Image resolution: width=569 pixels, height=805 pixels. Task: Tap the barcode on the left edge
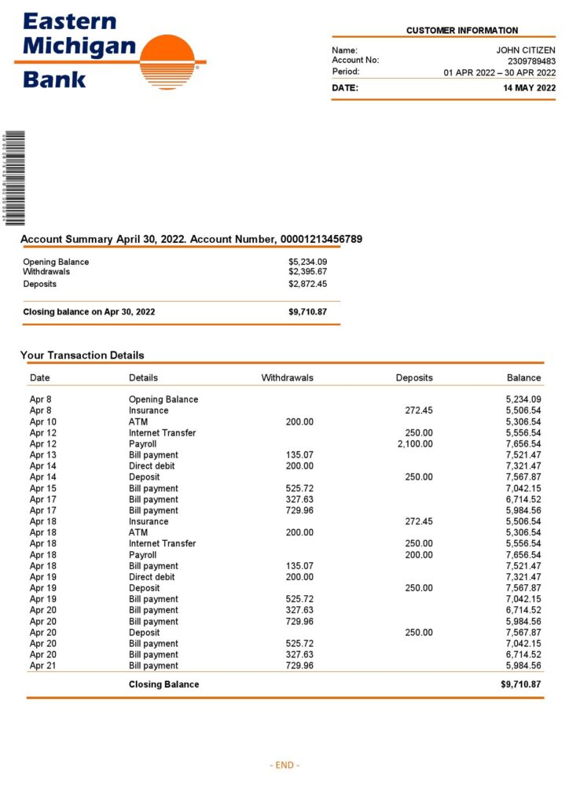coord(14,178)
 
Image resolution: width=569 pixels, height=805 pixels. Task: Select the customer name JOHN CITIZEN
coord(526,50)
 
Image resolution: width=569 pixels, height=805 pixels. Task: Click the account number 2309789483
coord(531,61)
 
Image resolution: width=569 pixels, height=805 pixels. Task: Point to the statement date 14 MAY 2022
coord(529,88)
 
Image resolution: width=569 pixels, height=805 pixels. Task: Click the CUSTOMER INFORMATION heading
coord(462,31)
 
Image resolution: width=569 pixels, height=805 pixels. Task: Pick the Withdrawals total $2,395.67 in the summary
coord(307,271)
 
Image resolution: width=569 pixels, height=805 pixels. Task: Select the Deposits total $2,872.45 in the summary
coord(307,284)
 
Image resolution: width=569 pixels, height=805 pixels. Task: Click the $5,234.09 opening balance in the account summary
coord(307,262)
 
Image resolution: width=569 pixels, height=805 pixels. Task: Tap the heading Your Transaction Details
coord(83,355)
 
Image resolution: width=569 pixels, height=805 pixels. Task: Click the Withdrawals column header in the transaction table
coord(287,378)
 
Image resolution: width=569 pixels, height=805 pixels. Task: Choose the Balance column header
coord(523,378)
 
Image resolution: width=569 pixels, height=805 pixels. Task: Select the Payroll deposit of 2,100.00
coord(415,443)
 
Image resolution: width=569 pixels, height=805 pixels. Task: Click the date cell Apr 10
coord(43,421)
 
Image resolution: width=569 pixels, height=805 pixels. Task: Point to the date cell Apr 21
coord(43,665)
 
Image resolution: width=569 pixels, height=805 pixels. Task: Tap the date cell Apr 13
coord(43,454)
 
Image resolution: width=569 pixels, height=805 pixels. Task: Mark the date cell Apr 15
coord(43,488)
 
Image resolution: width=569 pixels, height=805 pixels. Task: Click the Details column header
coord(143,378)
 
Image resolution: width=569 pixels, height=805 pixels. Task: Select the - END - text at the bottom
coord(284,765)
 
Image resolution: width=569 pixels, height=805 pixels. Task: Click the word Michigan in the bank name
coord(79,46)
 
